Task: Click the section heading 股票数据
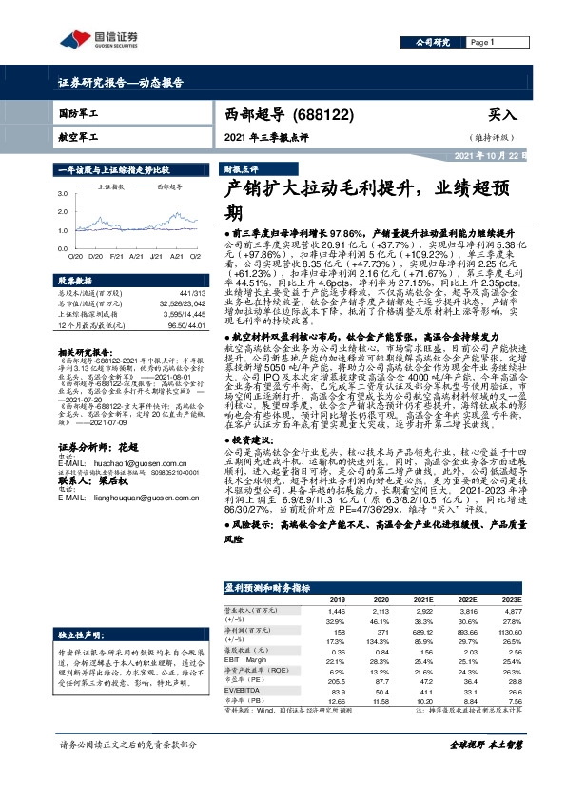74,282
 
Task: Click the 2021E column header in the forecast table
422,600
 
